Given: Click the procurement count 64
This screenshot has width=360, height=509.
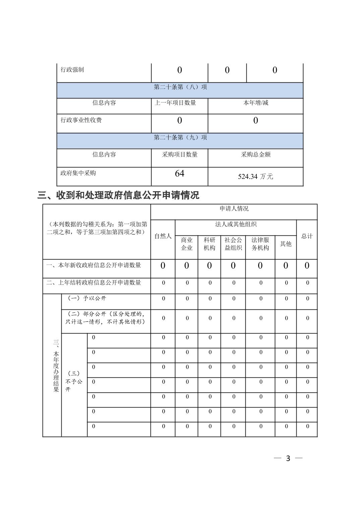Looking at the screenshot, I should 179,173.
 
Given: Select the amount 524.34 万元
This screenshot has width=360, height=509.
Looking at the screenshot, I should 255,176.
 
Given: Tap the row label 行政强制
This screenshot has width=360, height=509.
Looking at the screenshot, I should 72,70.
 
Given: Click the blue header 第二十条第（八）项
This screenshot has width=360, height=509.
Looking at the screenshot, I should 180,87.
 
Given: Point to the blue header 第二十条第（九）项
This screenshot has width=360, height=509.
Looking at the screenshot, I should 180,137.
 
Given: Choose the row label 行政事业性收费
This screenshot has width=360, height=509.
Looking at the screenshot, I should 81,120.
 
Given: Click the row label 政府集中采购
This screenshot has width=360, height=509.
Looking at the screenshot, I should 78,173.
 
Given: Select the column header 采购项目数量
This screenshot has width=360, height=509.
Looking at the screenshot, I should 180,154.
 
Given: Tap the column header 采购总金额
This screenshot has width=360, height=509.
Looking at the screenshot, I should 255,154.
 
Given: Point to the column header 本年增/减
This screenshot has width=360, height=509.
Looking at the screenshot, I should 255,103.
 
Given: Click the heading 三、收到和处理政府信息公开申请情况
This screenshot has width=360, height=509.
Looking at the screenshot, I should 118,195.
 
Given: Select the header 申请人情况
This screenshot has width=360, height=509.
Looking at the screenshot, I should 234,209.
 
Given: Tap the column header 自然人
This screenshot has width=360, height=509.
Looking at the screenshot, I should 163,236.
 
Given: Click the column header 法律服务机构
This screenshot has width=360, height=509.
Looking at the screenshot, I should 260,244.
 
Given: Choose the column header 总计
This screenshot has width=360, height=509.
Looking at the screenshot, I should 307,236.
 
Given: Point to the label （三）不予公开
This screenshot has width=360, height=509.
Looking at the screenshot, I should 74,381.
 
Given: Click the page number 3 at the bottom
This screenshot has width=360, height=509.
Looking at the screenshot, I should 288,458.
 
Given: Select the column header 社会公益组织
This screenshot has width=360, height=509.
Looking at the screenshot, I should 233,244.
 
